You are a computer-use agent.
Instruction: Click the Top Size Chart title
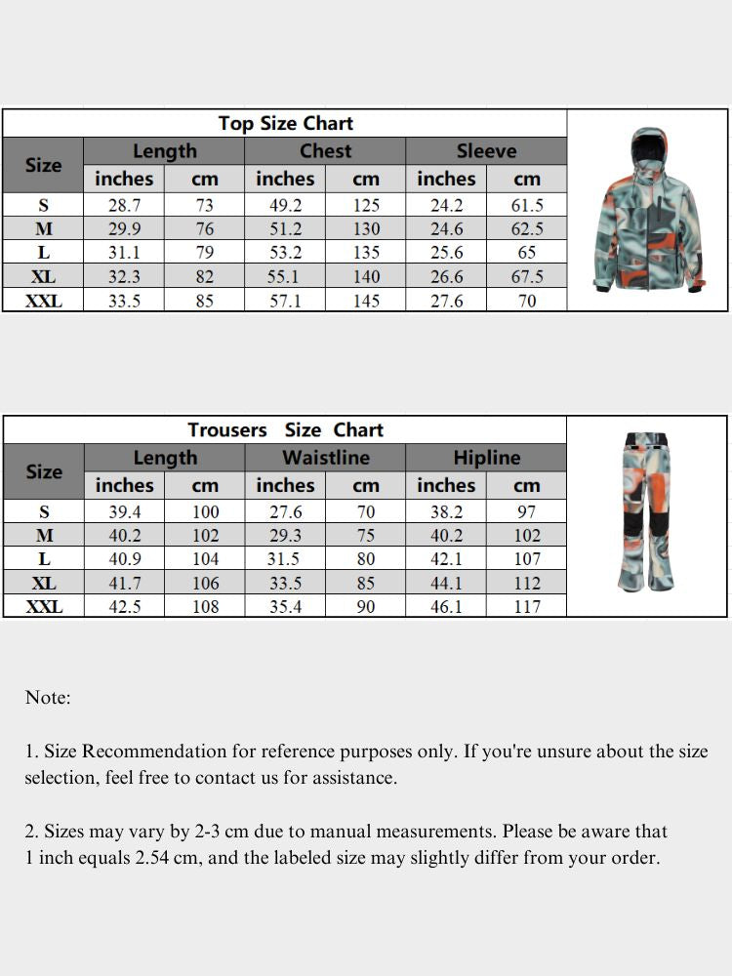(x=285, y=123)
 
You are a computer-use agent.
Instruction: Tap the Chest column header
(x=325, y=151)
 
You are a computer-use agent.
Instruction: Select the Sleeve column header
(x=486, y=151)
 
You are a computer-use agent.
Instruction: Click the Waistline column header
(x=325, y=458)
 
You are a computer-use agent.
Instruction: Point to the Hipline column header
(x=486, y=458)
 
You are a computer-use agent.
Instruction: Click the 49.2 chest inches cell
(x=285, y=206)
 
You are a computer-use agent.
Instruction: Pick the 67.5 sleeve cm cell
(x=527, y=277)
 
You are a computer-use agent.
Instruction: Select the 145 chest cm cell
(x=366, y=301)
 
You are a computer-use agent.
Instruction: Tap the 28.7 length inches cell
(x=124, y=206)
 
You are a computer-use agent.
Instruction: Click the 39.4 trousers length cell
(x=124, y=512)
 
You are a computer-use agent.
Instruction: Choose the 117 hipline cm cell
(x=527, y=607)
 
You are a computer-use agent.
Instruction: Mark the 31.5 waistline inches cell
(x=285, y=559)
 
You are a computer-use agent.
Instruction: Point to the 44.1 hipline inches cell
(x=446, y=584)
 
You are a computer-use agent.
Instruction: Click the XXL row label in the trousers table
(x=43, y=607)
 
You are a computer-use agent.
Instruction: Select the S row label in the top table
(x=43, y=206)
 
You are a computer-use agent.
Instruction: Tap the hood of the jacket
(x=647, y=146)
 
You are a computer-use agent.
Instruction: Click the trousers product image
(x=646, y=512)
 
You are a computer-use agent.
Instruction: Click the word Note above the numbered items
(x=47, y=698)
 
